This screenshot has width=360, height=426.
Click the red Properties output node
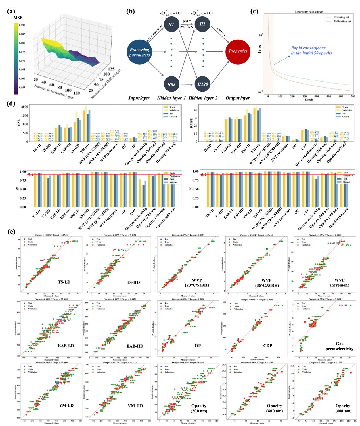pos(238,51)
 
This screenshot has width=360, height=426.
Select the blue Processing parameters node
pos(139,52)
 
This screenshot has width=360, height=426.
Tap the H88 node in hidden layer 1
pos(171,84)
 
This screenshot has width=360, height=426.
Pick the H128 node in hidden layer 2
pos(202,84)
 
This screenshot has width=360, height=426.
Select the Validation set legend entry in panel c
pos(342,21)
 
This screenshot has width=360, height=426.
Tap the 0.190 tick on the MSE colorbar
pos(22,25)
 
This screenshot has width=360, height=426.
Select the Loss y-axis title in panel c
pos(259,49)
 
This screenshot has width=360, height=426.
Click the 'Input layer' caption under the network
pos(139,98)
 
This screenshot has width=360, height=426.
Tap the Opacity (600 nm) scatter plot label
pos(343,408)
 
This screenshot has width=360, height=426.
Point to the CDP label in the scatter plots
pos(267,346)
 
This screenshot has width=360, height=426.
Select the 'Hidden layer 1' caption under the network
pos(171,98)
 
